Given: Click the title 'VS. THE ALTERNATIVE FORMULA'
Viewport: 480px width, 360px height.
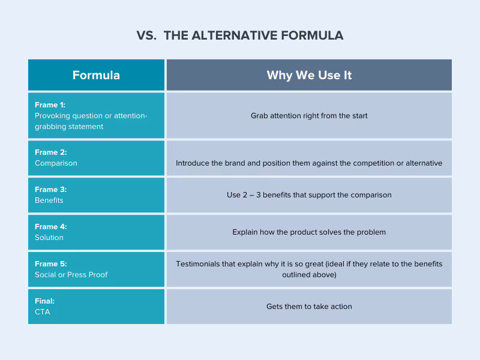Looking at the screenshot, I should (240, 35).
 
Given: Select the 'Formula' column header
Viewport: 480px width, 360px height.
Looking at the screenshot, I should (96, 75).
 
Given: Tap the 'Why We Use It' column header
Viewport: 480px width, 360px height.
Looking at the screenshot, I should (309, 75).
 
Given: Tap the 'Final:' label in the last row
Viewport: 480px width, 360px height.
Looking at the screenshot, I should (45, 301).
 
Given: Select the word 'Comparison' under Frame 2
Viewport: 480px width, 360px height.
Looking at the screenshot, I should (56, 163).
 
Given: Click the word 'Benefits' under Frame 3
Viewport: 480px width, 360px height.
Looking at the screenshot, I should (49, 200).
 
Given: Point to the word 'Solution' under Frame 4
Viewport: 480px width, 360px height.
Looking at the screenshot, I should (49, 238).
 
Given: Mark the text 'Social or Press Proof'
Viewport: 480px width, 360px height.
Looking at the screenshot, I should (71, 275).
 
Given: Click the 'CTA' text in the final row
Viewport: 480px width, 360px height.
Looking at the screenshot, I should (43, 312).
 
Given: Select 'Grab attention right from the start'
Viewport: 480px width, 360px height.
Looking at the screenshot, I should (309, 115).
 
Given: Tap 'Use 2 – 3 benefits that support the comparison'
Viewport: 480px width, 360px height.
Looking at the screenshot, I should (309, 195).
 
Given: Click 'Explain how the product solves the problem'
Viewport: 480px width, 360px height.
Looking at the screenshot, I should (309, 232).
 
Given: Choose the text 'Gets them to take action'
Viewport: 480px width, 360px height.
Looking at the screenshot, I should (309, 307).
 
